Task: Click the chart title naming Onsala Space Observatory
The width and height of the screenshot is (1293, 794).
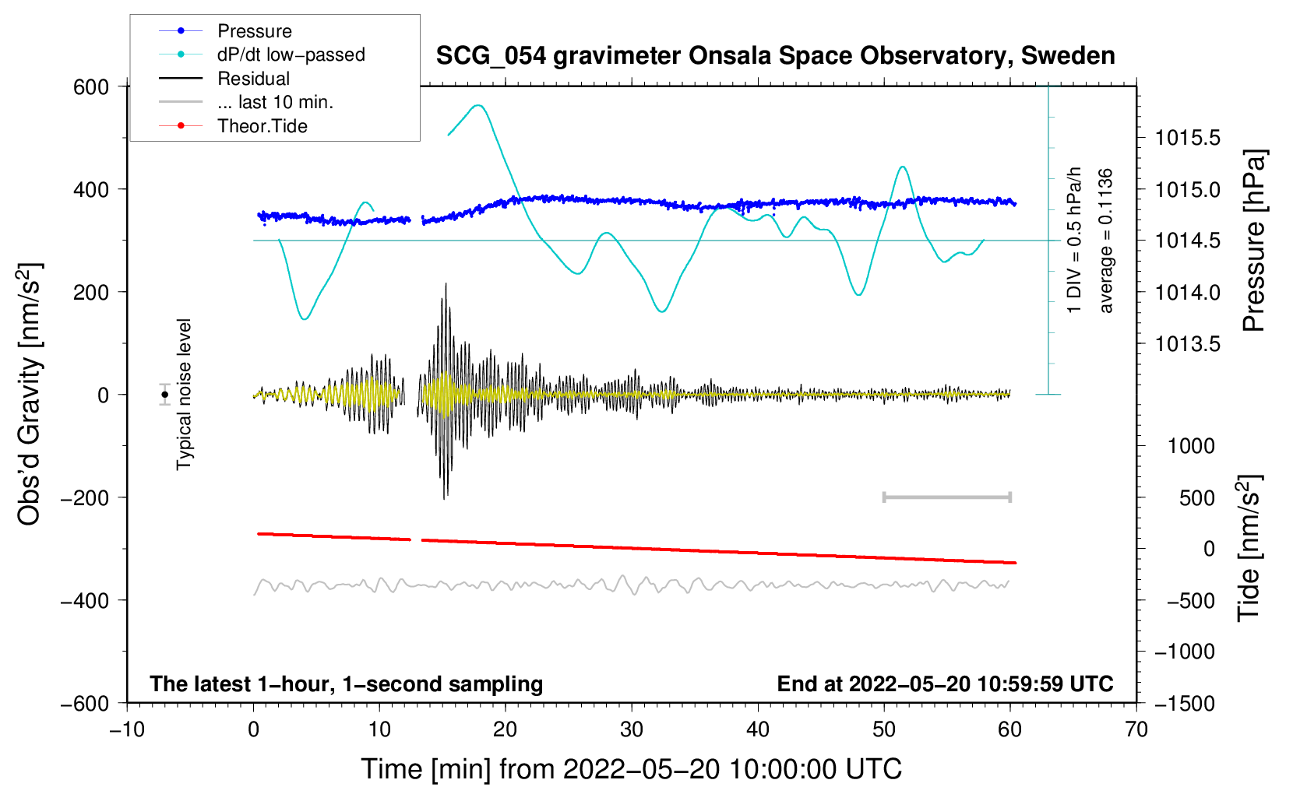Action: click(775, 56)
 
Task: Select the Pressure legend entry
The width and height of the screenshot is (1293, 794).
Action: click(254, 31)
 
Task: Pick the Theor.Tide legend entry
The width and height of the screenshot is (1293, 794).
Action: click(262, 126)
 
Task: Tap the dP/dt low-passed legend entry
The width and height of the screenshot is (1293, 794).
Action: click(291, 54)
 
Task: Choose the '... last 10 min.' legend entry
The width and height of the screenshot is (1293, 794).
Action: click(275, 102)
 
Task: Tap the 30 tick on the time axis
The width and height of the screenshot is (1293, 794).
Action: click(632, 729)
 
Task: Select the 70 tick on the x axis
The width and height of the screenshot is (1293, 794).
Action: click(1136, 729)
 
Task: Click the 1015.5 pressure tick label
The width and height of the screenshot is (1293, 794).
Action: click(1187, 139)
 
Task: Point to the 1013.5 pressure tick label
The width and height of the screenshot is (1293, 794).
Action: click(1187, 344)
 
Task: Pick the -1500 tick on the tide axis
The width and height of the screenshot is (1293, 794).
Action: click(1184, 703)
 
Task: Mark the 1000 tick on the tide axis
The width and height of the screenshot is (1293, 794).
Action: click(1191, 446)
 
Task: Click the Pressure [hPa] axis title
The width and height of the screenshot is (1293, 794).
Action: click(1253, 241)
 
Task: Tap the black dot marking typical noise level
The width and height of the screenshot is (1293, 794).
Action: click(165, 395)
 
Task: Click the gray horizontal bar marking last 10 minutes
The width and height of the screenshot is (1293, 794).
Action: click(947, 497)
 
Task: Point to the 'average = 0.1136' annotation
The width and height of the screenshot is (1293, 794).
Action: click(1106, 241)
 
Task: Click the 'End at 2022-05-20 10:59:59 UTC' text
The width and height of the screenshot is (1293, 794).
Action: click(945, 684)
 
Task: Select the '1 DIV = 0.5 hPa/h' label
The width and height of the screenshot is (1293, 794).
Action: click(1075, 240)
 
